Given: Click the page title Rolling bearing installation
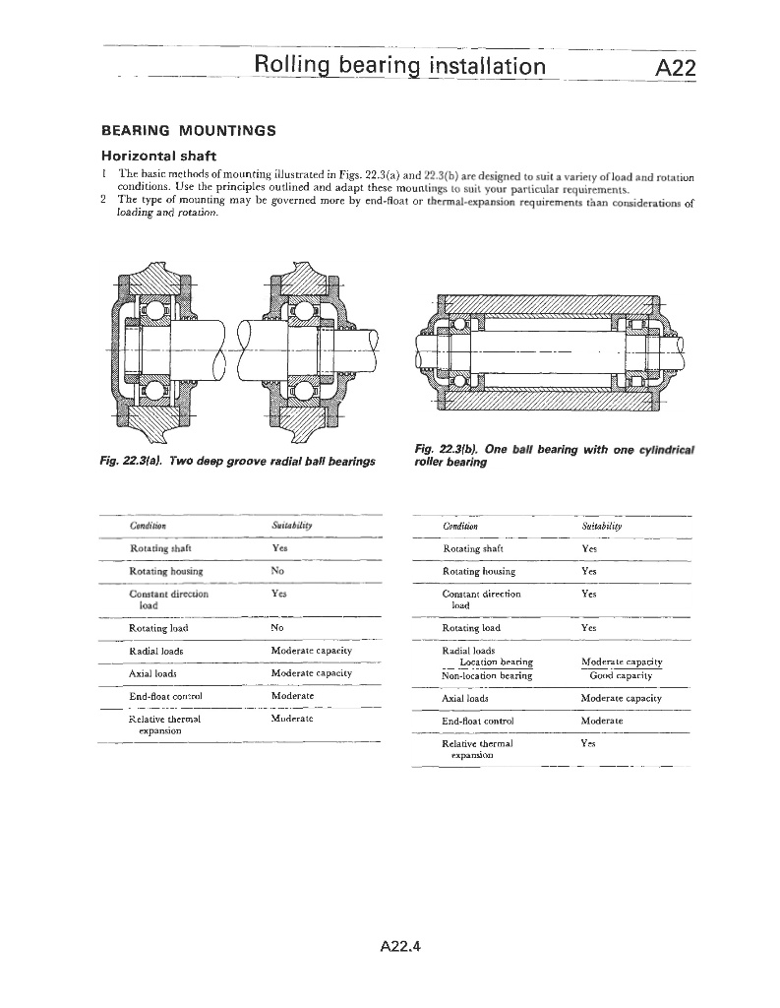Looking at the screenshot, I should (x=399, y=66).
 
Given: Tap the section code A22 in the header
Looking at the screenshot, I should (x=675, y=67).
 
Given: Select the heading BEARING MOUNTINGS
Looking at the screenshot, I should (x=189, y=131).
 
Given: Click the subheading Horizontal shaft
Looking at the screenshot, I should (x=159, y=156).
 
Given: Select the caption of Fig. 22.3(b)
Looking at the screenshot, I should (x=554, y=456).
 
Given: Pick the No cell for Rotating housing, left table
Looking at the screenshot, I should (x=276, y=571).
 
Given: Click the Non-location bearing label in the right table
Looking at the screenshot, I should (x=487, y=675).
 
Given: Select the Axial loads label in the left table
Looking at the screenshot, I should (x=152, y=673).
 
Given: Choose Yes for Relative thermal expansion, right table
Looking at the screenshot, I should (x=589, y=744).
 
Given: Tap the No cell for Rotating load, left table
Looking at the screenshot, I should (x=276, y=627).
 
